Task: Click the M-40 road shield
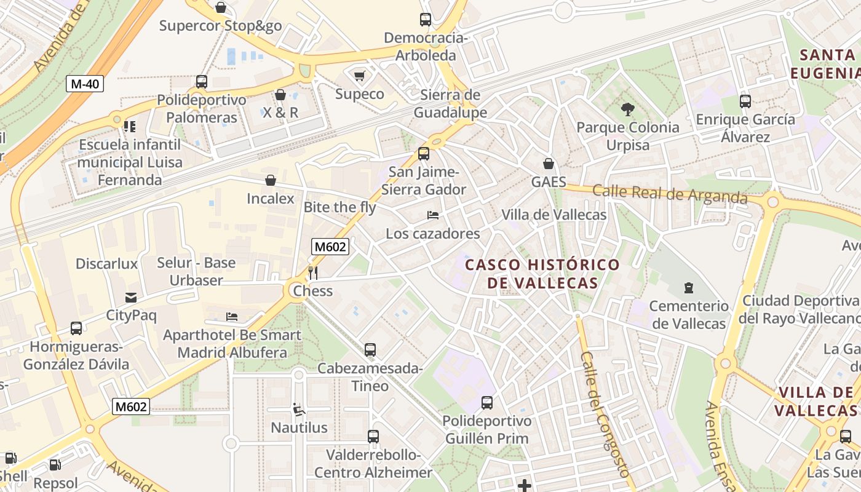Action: [85, 84]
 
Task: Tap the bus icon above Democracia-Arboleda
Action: [426, 19]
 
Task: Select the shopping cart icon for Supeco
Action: [360, 76]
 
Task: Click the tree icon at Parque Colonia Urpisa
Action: [627, 109]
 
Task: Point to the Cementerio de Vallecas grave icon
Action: [689, 287]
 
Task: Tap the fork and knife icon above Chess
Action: [313, 272]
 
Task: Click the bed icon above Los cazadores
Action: [433, 215]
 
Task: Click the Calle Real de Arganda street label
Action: [670, 194]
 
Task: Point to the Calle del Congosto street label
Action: [605, 414]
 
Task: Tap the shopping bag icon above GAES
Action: [549, 164]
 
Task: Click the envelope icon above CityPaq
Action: [131, 298]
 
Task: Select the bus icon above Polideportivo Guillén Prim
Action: [487, 403]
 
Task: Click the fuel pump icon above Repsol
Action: [55, 465]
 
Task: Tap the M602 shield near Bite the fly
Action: [330, 247]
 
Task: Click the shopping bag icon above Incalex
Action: [271, 180]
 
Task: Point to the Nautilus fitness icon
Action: [299, 409]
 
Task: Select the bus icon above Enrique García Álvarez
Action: [745, 101]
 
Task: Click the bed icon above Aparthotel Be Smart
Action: [232, 317]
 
